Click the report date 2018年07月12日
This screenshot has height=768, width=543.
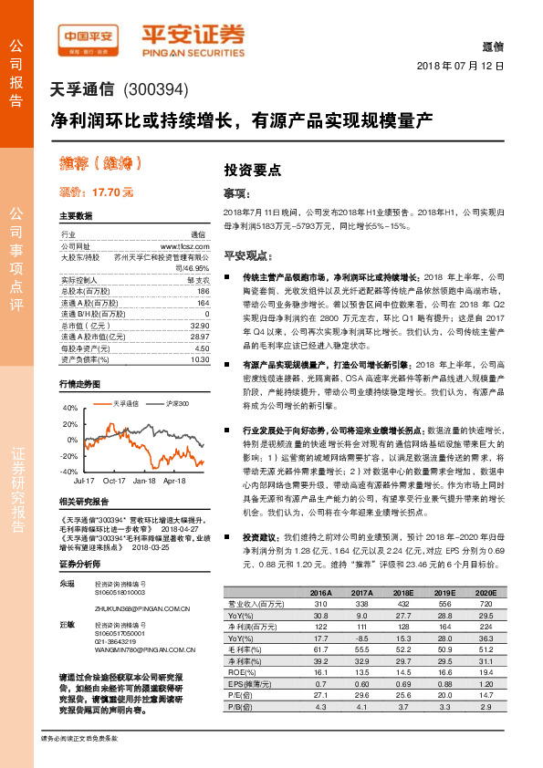pyautogui.click(x=460, y=67)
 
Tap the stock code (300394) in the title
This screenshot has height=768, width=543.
pyautogui.click(x=152, y=90)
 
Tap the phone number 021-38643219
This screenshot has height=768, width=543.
pyautogui.click(x=114, y=642)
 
